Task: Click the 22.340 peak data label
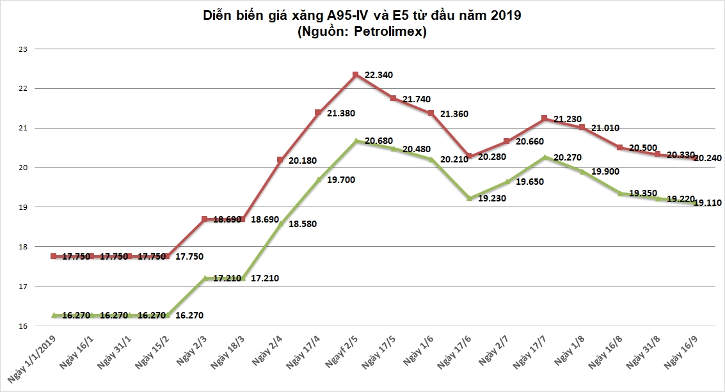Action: pos(378,75)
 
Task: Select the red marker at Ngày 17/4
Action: pos(318,113)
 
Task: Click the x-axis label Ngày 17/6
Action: pos(454,352)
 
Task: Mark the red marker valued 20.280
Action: pos(469,156)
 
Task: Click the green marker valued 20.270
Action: pos(544,157)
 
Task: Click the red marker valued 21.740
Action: pos(394,98)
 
